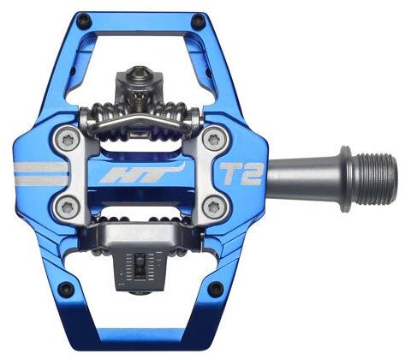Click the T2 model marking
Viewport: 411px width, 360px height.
click(x=241, y=174)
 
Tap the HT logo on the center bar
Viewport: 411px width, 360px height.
click(x=141, y=173)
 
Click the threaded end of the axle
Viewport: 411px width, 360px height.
click(x=374, y=179)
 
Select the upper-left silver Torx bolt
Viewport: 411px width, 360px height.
click(x=68, y=141)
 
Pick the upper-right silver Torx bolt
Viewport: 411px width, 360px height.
click(x=214, y=140)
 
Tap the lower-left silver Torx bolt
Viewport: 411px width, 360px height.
click(x=68, y=207)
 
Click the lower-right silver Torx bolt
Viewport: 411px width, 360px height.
click(x=214, y=207)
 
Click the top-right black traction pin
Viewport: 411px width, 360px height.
click(x=199, y=21)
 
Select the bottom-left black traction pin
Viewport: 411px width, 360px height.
click(x=66, y=289)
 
